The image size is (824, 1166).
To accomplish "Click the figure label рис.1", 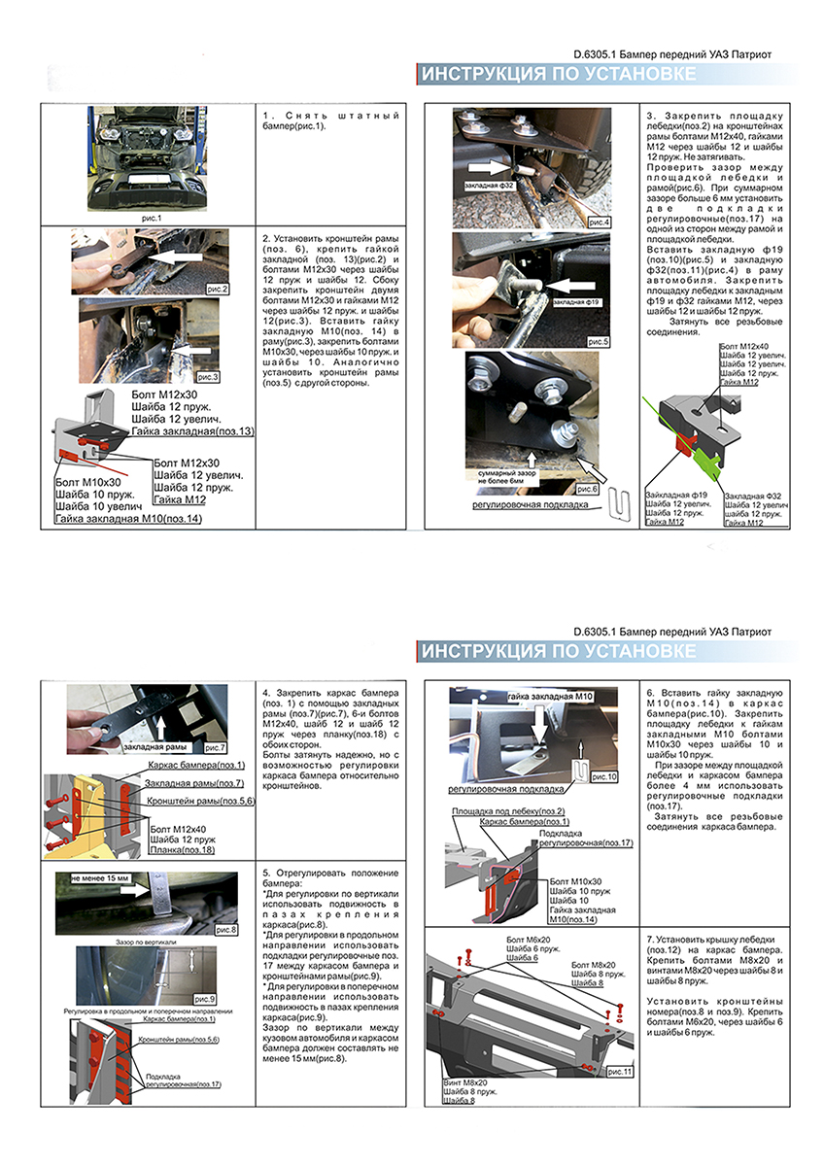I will point(151,218).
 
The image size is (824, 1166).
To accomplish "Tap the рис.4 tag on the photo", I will point(600,223).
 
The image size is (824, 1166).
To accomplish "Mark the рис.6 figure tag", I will point(586,488).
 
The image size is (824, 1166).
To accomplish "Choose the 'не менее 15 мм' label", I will point(97,877).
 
